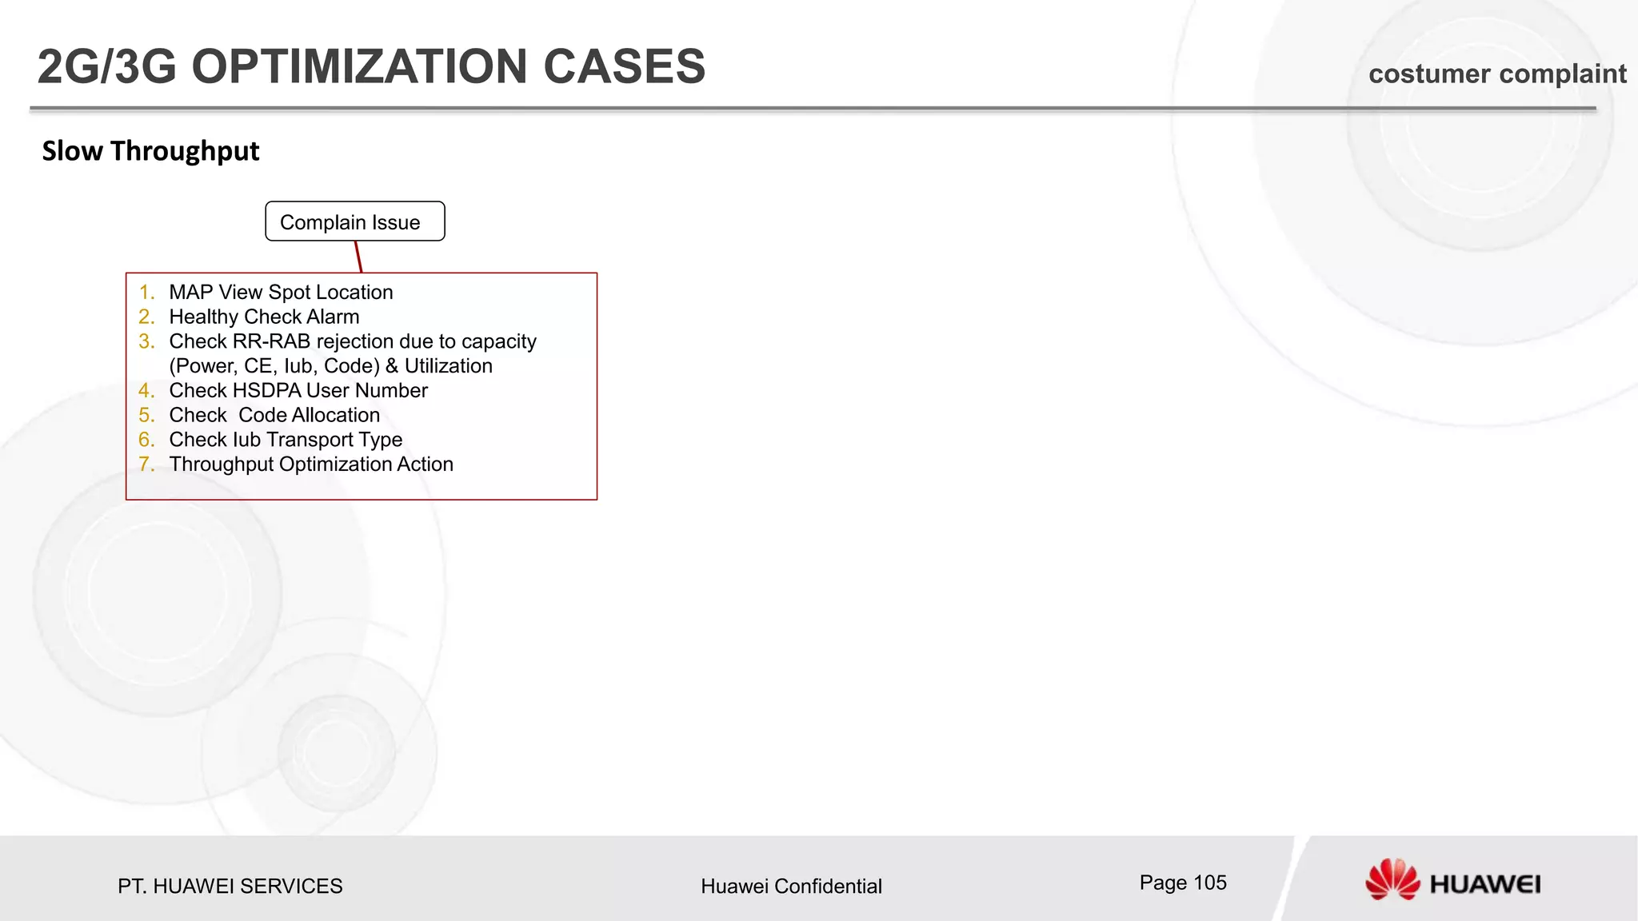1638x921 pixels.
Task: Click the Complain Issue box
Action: click(354, 221)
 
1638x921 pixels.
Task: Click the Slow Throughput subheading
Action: click(150, 151)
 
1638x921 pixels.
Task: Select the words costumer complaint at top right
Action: click(1496, 74)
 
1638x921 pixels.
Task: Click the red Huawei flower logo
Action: click(1392, 879)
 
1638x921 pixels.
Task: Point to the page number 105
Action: click(1209, 883)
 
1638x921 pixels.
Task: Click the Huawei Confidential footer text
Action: click(791, 886)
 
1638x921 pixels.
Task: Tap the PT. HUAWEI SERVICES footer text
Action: click(230, 886)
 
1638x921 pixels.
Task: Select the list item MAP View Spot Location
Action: click(281, 293)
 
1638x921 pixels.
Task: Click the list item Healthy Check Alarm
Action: click(264, 317)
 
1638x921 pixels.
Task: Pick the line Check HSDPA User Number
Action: click(298, 391)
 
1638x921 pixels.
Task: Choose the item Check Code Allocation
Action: click(274, 416)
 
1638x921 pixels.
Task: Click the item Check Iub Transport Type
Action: click(286, 440)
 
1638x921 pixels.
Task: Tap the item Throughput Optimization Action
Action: click(311, 464)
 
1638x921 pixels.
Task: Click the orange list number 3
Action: click(146, 342)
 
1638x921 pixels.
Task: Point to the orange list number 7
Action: click(146, 464)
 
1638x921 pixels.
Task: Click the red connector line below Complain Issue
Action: click(358, 257)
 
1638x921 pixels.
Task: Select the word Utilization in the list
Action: click(448, 366)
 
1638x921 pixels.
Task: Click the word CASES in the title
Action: click(624, 66)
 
